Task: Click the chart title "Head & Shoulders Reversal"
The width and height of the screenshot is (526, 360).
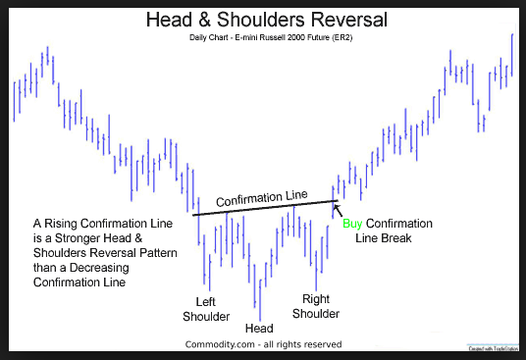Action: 262,19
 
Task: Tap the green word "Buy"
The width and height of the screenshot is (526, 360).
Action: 351,224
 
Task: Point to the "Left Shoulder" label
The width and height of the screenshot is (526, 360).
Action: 206,309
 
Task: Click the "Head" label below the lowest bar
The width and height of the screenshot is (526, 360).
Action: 259,329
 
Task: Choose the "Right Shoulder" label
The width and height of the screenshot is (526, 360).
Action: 315,306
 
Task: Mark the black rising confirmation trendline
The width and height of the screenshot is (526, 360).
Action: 236,210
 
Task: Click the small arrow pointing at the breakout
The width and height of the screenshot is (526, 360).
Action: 338,209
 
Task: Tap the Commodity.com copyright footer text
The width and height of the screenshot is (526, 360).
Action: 263,344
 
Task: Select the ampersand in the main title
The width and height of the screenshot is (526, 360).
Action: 228,19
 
